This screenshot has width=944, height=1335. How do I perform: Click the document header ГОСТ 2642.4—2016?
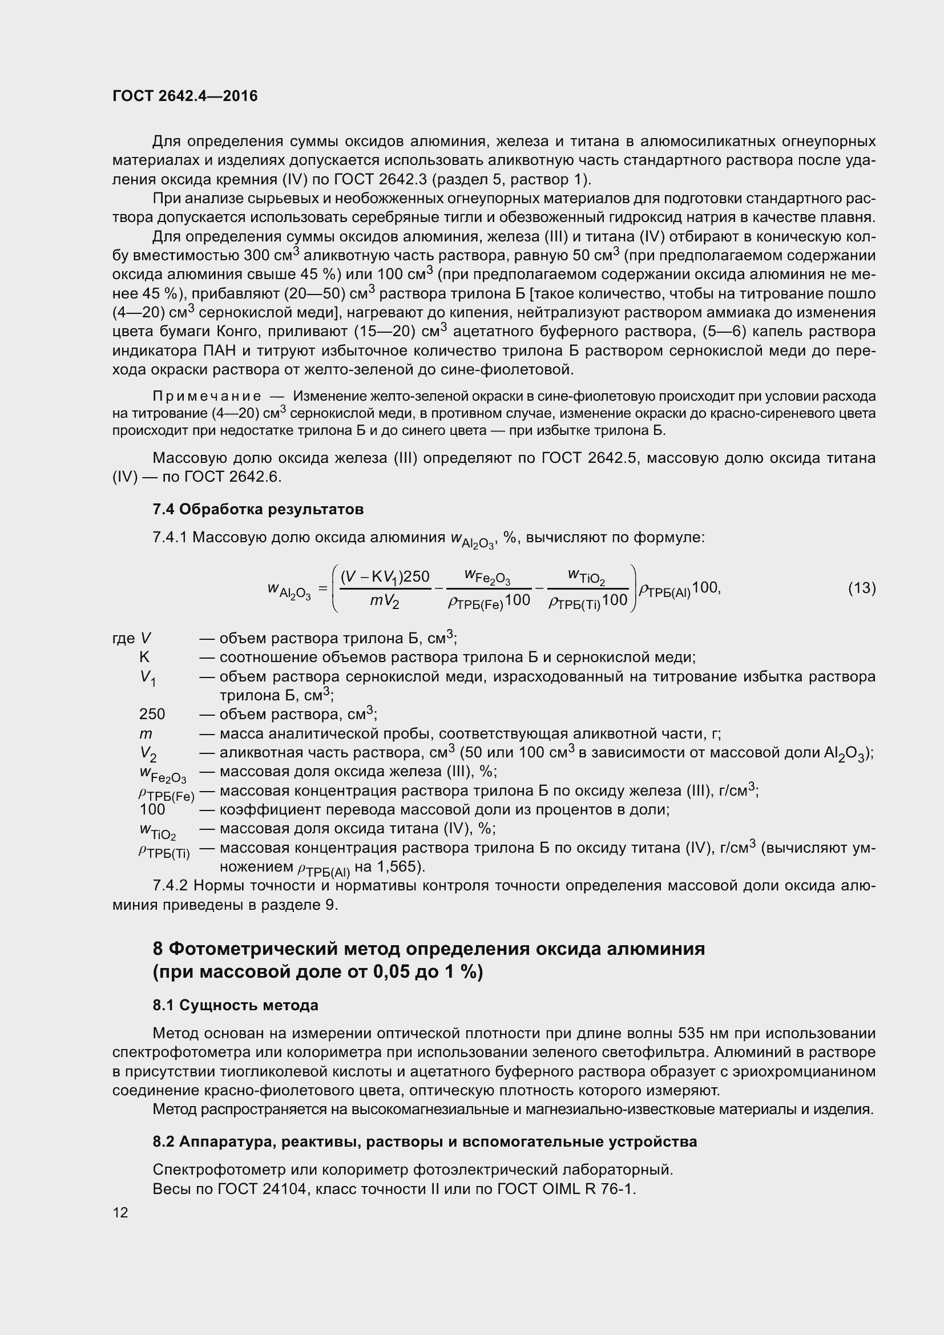pyautogui.click(x=185, y=96)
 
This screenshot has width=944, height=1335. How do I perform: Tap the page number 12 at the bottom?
pyautogui.click(x=120, y=1213)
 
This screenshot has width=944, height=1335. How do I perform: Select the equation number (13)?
pyautogui.click(x=861, y=588)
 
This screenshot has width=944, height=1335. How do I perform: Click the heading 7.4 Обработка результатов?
pyautogui.click(x=258, y=509)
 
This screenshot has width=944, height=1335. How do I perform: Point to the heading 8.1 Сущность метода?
pyautogui.click(x=235, y=1005)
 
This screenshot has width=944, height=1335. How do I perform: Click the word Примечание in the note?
pyautogui.click(x=207, y=397)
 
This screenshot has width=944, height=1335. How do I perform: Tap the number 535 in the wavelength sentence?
pyautogui.click(x=691, y=1033)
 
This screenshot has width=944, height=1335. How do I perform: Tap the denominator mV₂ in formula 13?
pyautogui.click(x=384, y=601)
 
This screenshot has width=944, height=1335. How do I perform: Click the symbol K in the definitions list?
pyautogui.click(x=144, y=658)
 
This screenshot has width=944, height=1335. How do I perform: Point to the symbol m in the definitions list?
pyautogui.click(x=146, y=734)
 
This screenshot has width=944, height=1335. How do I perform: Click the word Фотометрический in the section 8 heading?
pyautogui.click(x=255, y=950)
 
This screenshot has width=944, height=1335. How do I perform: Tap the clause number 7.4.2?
pyautogui.click(x=170, y=886)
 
